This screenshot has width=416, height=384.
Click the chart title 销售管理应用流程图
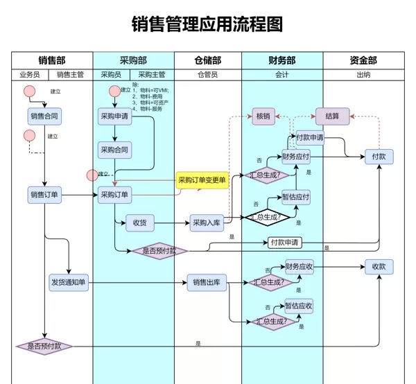click(x=207, y=25)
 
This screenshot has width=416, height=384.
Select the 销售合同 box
click(x=44, y=116)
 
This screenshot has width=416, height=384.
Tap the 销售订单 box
click(x=44, y=195)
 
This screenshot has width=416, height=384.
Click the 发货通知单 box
click(x=69, y=282)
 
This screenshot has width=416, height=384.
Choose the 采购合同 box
click(x=114, y=150)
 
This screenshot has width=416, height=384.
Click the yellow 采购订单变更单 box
click(x=202, y=181)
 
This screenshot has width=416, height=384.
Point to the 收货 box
click(x=139, y=222)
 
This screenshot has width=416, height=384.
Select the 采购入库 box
click(x=206, y=222)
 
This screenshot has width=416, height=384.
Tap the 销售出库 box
click(x=206, y=282)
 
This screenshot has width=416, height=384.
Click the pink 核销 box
click(x=262, y=116)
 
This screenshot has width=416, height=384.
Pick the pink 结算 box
click(x=332, y=116)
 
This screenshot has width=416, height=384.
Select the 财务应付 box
click(x=296, y=157)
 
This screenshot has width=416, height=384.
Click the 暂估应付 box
click(x=296, y=197)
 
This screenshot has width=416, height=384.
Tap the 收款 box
click(x=379, y=266)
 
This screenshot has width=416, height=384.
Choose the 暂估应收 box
click(x=299, y=306)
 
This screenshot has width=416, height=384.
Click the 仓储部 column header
click(x=207, y=60)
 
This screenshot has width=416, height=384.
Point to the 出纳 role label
click(x=363, y=74)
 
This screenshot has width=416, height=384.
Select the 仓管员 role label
click(x=207, y=74)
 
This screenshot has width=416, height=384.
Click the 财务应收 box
click(x=299, y=266)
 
